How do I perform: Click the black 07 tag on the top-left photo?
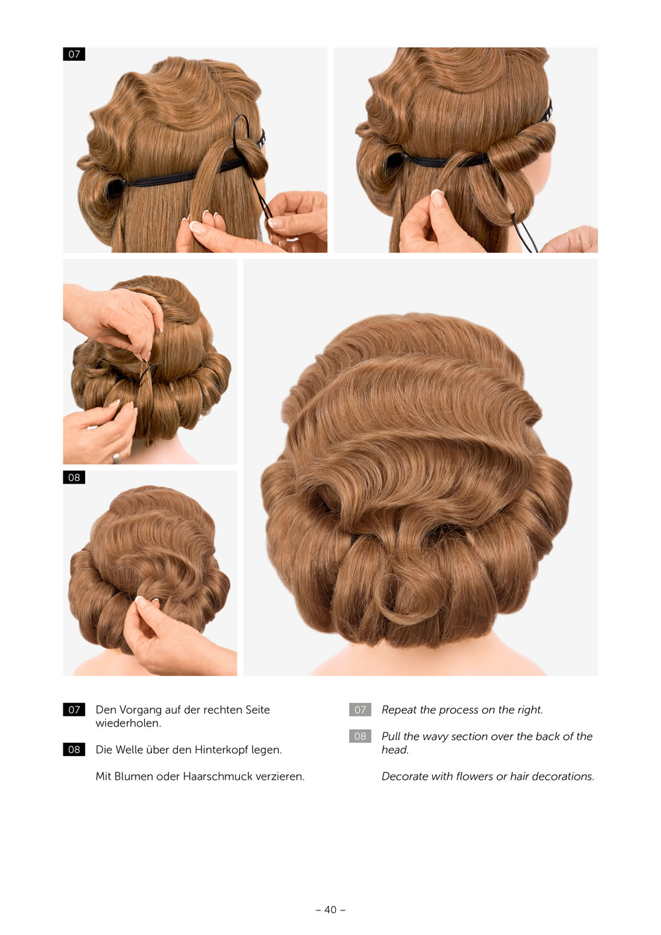[x=74, y=54]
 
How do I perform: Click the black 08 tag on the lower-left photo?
[x=74, y=477]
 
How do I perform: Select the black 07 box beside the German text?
[x=74, y=710]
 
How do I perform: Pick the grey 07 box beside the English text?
[x=360, y=710]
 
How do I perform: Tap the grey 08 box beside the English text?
[x=360, y=736]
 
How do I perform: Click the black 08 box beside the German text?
[x=74, y=750]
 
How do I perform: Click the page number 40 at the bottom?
[x=330, y=909]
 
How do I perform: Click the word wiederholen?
[x=128, y=723]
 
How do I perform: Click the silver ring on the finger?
[x=116, y=459]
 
